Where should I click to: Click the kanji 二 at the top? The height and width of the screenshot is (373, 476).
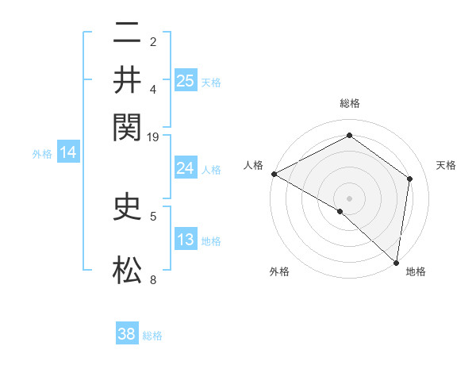point(127,33)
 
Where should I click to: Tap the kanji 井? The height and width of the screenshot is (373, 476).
point(127,79)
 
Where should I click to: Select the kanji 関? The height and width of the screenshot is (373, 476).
point(127,127)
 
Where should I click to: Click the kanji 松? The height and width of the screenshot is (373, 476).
point(127,270)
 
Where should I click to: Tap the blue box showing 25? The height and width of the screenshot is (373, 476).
point(186,80)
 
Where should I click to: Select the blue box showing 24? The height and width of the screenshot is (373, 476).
point(186,168)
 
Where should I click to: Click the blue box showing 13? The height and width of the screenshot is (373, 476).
point(186,240)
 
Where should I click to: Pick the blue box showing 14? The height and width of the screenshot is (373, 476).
point(68,153)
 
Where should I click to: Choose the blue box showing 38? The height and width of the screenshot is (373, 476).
point(127,334)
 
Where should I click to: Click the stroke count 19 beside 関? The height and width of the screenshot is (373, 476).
point(153,137)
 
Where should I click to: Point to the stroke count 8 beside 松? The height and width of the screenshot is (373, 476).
point(153,279)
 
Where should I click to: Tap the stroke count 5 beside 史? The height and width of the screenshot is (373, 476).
point(153,215)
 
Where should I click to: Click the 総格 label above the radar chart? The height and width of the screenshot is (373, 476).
point(349,103)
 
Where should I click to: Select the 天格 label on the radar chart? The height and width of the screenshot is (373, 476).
point(446,165)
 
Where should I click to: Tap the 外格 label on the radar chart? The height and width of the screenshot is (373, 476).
point(278,272)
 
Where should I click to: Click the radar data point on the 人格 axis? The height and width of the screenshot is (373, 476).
point(274,174)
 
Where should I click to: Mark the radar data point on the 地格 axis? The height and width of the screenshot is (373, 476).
point(396,261)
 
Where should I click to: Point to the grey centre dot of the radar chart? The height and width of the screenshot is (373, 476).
point(349,197)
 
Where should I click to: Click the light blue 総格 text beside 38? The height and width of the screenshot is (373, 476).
point(152,336)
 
